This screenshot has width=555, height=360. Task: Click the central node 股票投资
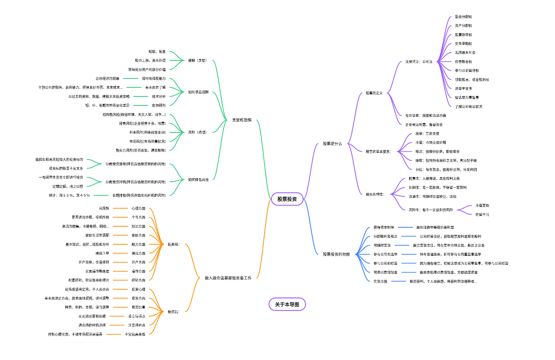(x=287, y=199)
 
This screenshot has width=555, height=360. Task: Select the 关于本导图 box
(x=287, y=304)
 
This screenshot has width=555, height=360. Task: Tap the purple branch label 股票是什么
(x=332, y=144)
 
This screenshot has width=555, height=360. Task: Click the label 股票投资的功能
(x=336, y=254)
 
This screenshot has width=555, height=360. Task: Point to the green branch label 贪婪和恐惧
(x=241, y=120)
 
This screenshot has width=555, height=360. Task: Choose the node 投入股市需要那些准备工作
(x=228, y=278)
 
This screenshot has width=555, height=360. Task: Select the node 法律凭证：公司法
(x=419, y=62)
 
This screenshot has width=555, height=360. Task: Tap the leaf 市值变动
(x=482, y=206)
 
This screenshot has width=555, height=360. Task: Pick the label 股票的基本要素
(x=379, y=151)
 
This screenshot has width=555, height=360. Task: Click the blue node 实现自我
(x=380, y=281)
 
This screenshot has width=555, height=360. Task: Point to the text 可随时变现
(x=382, y=246)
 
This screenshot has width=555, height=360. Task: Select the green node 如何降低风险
(x=198, y=180)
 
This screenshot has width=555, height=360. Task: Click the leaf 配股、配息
(x=157, y=51)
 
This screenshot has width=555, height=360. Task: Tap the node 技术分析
(x=159, y=96)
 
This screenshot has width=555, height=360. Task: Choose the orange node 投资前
(x=173, y=244)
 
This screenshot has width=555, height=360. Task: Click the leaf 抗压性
(x=104, y=208)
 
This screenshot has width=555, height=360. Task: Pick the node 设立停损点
(x=137, y=316)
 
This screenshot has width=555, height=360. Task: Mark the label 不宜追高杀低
(x=135, y=334)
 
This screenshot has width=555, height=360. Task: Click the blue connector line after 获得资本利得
(x=405, y=228)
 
